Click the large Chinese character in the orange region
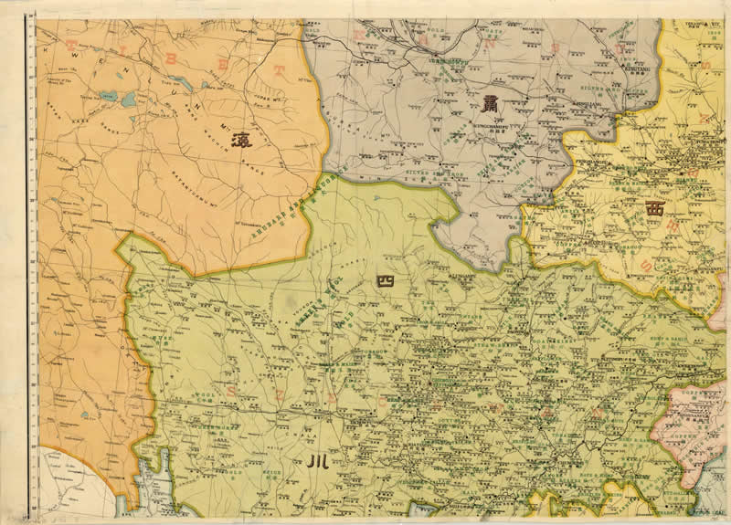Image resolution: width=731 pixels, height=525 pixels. pyautogui.click(x=242, y=141)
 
